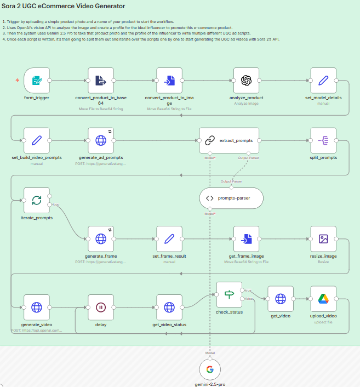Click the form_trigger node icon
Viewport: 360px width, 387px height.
[x=37, y=81]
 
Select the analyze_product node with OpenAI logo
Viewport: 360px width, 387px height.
[x=246, y=81]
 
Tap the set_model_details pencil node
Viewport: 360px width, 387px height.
[x=323, y=81]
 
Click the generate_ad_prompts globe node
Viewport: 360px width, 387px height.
[x=101, y=141]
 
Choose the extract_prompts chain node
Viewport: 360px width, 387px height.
[x=228, y=141]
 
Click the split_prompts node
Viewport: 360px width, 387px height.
[x=323, y=141]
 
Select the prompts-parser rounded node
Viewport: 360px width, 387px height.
[x=231, y=198]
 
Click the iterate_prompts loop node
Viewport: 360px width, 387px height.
[x=37, y=201]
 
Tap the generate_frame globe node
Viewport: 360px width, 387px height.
[x=101, y=239]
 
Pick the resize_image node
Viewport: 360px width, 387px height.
[x=323, y=239]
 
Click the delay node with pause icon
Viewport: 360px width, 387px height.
[x=101, y=308]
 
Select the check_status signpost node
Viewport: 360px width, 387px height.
[x=229, y=295]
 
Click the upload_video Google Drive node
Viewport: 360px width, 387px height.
[x=323, y=299]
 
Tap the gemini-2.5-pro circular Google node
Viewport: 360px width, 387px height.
[x=210, y=369]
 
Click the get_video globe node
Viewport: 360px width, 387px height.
[x=281, y=299]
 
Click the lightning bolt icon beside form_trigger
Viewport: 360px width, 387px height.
[x=18, y=81]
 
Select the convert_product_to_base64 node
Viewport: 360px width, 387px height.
[x=101, y=81]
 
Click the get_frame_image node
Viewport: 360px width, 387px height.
[x=246, y=239]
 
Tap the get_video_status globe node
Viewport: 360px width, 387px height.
[x=169, y=308]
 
